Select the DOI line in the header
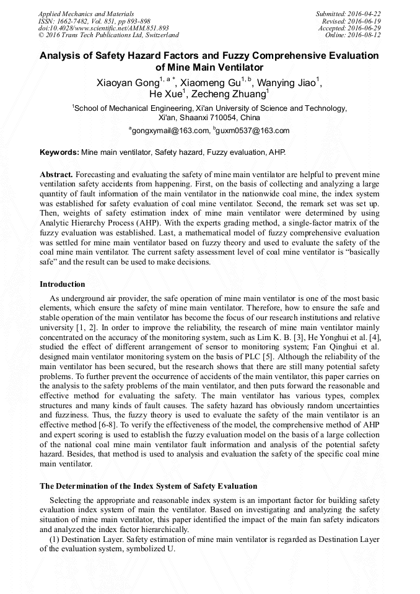pos(103,28)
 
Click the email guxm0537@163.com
pos(252,131)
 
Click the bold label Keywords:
pos(59,152)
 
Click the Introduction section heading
pos(63,284)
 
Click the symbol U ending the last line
pos(172,549)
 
